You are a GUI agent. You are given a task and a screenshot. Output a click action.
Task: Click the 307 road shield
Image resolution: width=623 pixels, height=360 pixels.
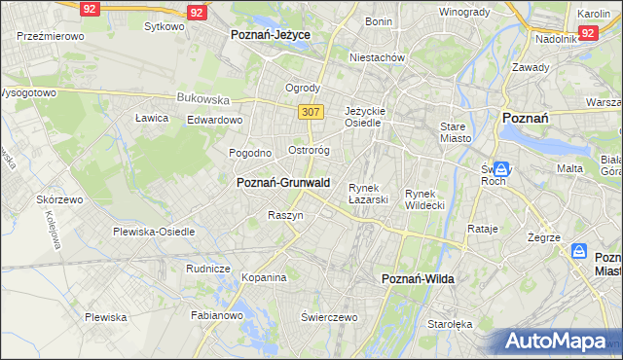point(311,112)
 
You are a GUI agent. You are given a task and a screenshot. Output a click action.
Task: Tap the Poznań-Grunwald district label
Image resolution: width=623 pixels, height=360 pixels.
point(283,182)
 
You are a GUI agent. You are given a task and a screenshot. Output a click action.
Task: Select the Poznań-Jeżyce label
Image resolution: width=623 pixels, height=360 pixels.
point(270,34)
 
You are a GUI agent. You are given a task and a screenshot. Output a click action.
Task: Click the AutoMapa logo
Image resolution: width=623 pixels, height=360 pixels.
point(555,342)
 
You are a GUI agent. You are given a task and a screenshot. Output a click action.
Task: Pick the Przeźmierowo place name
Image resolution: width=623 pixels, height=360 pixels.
point(51,35)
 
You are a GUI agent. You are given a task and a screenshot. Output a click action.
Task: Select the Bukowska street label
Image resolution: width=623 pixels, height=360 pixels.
point(202,98)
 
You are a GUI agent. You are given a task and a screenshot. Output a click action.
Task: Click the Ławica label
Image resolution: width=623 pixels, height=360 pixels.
point(152,118)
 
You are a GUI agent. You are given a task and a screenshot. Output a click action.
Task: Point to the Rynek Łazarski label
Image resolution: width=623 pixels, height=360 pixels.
point(369,194)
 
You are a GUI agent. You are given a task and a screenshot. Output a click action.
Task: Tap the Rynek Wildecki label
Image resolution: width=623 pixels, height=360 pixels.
point(424,199)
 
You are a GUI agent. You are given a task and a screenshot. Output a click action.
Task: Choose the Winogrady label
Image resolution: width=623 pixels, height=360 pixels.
point(463,12)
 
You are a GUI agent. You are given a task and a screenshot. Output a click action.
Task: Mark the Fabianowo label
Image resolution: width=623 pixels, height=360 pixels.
point(214,315)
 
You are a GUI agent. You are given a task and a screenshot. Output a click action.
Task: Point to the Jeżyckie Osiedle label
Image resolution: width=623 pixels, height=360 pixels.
point(366,117)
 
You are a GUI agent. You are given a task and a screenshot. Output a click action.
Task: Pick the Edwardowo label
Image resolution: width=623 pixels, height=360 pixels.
point(214,120)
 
